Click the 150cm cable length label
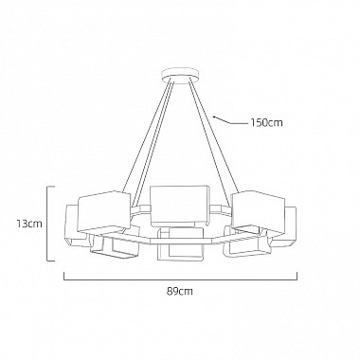point(266,122)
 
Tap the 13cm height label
point(29,224)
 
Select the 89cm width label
point(180,291)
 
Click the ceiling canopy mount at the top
point(180,76)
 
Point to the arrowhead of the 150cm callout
point(215,117)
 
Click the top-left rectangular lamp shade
point(104,212)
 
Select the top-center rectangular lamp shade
point(179,206)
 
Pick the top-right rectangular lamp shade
point(259,210)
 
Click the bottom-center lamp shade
point(180,244)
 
